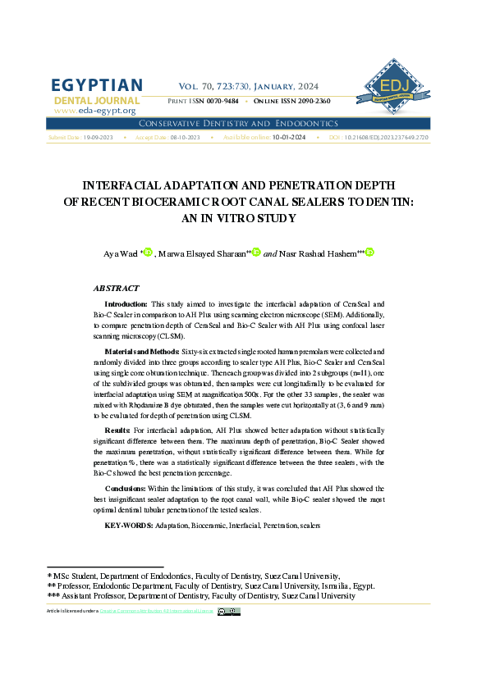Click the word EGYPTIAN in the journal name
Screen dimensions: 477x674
click(x=97, y=85)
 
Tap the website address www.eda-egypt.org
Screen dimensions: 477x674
click(x=94, y=111)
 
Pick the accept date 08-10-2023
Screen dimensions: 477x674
click(x=185, y=138)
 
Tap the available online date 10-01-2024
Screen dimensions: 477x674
click(x=289, y=138)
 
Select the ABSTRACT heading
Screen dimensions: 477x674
click(x=117, y=289)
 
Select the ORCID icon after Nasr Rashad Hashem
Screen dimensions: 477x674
click(x=369, y=252)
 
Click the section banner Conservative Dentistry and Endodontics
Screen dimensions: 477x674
click(x=238, y=123)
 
